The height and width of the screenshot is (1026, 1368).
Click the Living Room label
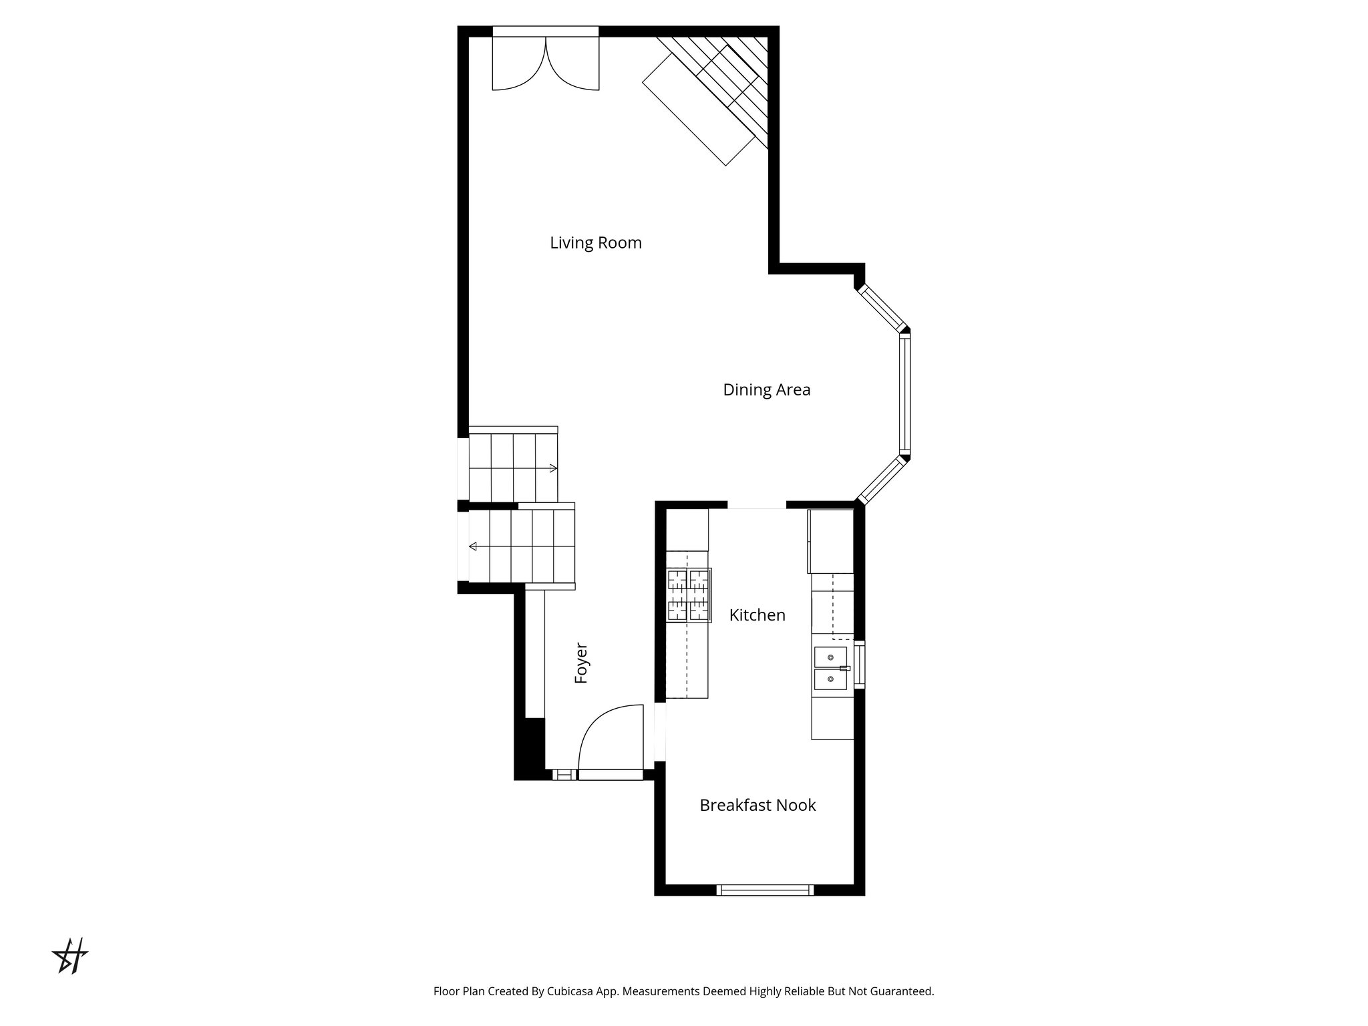click(x=595, y=243)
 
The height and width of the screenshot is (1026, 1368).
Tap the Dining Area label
click(x=766, y=390)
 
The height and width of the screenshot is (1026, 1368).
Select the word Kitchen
click(x=757, y=615)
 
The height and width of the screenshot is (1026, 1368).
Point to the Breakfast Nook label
click(x=757, y=806)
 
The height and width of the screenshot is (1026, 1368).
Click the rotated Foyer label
click(x=581, y=663)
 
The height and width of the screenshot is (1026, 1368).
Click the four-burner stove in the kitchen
click(x=689, y=595)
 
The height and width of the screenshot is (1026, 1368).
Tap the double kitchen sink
click(x=830, y=668)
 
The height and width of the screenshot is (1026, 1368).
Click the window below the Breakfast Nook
click(x=765, y=890)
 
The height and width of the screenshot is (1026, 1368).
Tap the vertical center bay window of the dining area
click(x=904, y=394)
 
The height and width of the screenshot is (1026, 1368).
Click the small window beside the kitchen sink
click(x=860, y=665)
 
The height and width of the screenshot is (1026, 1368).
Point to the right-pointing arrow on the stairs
click(x=553, y=468)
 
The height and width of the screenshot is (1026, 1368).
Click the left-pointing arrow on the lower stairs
click(x=473, y=547)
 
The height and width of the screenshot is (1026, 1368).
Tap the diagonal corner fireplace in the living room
click(x=708, y=94)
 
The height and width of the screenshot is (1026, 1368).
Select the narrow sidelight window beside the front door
click(x=564, y=775)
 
